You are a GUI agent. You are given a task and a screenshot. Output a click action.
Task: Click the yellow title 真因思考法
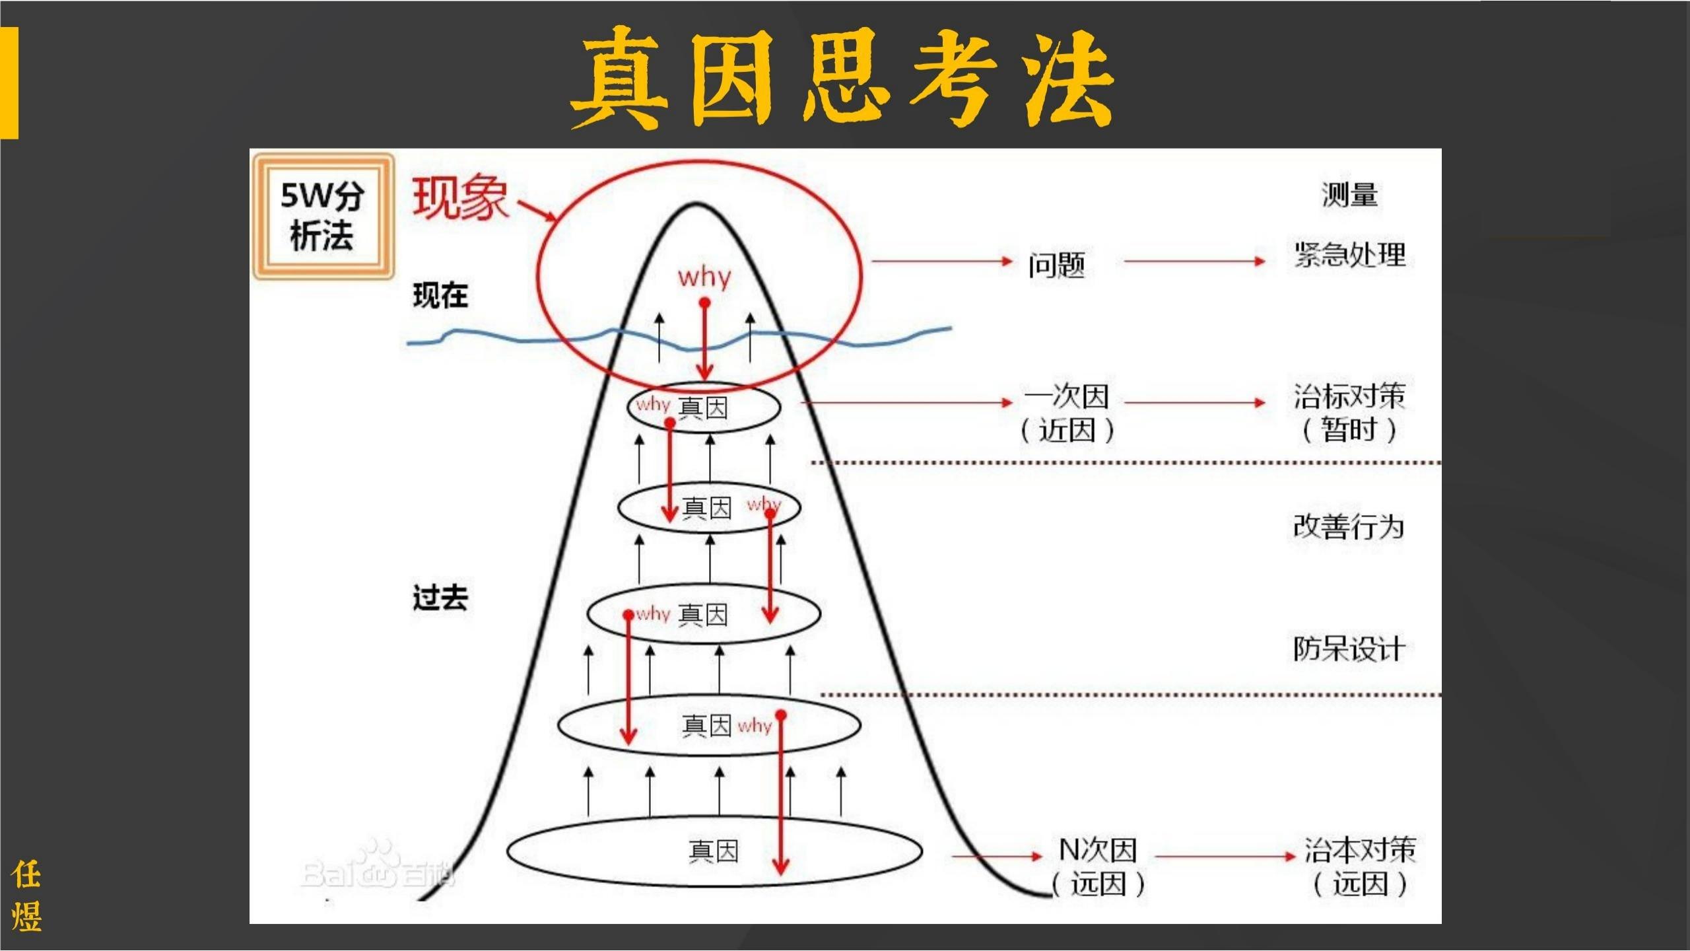pos(842,78)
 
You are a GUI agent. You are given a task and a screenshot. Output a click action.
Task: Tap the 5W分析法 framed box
pos(323,216)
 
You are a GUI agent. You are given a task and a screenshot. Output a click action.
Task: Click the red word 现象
pos(460,197)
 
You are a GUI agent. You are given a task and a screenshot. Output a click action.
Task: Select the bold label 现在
pos(440,295)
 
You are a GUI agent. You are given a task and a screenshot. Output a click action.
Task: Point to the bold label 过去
pos(440,598)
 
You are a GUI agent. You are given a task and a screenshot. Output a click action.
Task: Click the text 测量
pos(1349,195)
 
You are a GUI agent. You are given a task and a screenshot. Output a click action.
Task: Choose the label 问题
pos(1056,265)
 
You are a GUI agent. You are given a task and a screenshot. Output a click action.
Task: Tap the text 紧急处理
pos(1349,255)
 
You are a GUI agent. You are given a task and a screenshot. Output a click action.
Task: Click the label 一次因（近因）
pos(1066,413)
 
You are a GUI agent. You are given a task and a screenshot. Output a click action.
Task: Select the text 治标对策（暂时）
pos(1349,413)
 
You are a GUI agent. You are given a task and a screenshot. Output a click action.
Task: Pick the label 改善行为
pos(1348,526)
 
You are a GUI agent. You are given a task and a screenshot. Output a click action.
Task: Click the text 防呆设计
pos(1348,649)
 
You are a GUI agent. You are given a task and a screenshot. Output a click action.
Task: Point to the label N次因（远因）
pos(1097,866)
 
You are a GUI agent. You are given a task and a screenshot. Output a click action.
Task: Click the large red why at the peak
pos(704,276)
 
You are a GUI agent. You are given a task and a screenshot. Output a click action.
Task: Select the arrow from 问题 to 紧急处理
pos(1194,262)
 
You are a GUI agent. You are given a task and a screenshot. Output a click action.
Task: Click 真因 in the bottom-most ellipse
pos(713,851)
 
